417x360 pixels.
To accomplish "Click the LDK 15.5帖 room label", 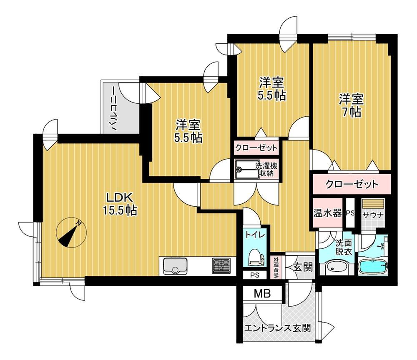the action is click(x=120, y=204).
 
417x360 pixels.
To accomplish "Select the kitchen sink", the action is click(x=175, y=266).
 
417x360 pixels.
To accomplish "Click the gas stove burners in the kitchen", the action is click(x=221, y=266).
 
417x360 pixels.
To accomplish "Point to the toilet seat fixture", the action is click(x=256, y=258).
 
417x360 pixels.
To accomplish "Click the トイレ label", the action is click(x=255, y=235).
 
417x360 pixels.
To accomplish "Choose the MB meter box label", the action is click(x=262, y=293).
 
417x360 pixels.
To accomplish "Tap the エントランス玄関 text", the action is click(x=277, y=328).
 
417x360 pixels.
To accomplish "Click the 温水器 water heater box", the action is click(x=327, y=213).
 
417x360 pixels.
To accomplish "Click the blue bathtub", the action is click(x=373, y=267).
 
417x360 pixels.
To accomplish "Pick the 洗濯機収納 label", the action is click(x=266, y=170).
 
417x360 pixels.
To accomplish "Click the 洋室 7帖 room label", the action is click(x=351, y=105).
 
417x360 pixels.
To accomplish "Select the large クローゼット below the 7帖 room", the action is click(x=352, y=184).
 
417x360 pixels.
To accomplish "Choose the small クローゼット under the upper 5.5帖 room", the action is click(x=256, y=147).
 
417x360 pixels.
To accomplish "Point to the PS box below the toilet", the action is click(x=255, y=275).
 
